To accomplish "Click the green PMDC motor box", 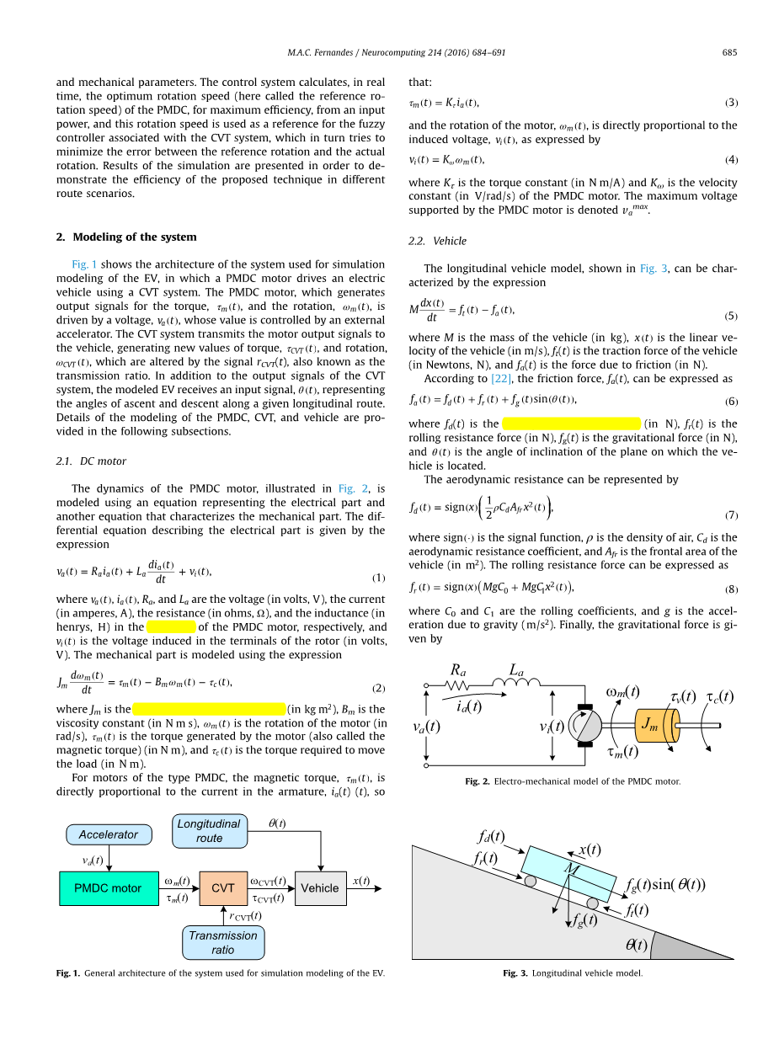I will tap(108, 888).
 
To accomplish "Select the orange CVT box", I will tap(223, 888).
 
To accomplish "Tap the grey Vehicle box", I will tap(320, 888).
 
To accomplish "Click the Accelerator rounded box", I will tap(109, 834).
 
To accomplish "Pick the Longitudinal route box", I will tap(210, 831).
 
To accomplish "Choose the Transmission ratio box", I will tap(223, 943).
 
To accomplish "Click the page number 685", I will tap(729, 53).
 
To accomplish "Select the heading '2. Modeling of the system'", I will tap(126, 237).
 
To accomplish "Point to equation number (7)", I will tap(731, 514).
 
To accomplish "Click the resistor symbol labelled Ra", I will tap(460, 685).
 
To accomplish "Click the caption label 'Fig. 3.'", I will tap(515, 973).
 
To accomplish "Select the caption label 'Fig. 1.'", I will tap(68, 973).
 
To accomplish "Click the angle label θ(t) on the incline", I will tap(636, 945).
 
